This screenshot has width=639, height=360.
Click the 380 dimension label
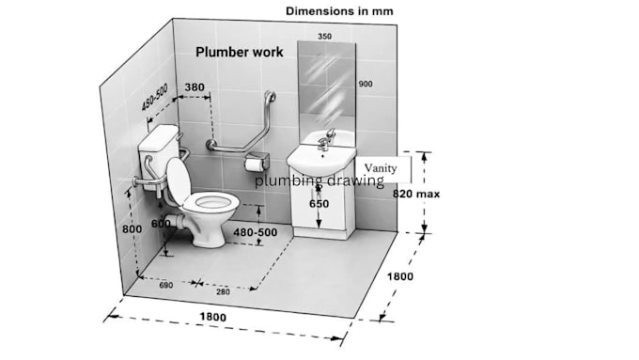pyautogui.click(x=195, y=87)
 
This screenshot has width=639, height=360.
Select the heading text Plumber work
pyautogui.click(x=240, y=53)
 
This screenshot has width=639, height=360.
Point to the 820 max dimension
pyautogui.click(x=416, y=194)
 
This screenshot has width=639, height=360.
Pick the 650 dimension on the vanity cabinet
pyautogui.click(x=319, y=204)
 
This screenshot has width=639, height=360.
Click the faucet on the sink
pyautogui.click(x=326, y=139)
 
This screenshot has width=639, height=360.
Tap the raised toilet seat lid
pyautogui.click(x=179, y=180)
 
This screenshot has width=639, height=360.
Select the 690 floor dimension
pyautogui.click(x=166, y=286)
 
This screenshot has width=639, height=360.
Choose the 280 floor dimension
pyautogui.click(x=223, y=292)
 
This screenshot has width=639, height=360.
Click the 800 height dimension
pyautogui.click(x=132, y=229)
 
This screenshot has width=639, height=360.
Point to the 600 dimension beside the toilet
pyautogui.click(x=161, y=224)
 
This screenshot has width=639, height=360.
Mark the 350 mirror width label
pyautogui.click(x=324, y=37)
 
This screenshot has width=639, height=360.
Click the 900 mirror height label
pyautogui.click(x=366, y=84)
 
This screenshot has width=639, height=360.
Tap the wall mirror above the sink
pyautogui.click(x=327, y=86)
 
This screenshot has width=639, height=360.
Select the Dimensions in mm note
pyautogui.click(x=339, y=11)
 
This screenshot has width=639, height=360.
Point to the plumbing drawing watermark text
pyautogui.click(x=319, y=180)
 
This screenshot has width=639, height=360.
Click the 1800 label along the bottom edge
pyautogui.click(x=212, y=317)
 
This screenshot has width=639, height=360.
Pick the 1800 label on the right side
pyautogui.click(x=399, y=276)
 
